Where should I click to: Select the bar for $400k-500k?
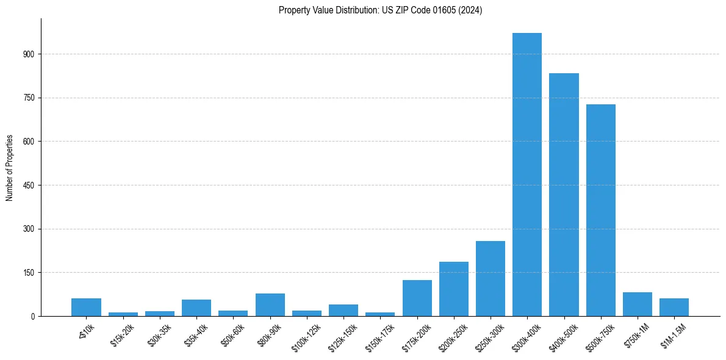point(564,195)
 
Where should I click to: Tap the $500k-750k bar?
point(601,210)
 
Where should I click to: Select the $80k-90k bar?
point(270,304)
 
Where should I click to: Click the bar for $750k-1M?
point(638,304)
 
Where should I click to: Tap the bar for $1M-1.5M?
point(674,307)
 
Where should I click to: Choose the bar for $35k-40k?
point(196,308)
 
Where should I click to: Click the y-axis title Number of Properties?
point(10,168)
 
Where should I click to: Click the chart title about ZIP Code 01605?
point(380,10)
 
